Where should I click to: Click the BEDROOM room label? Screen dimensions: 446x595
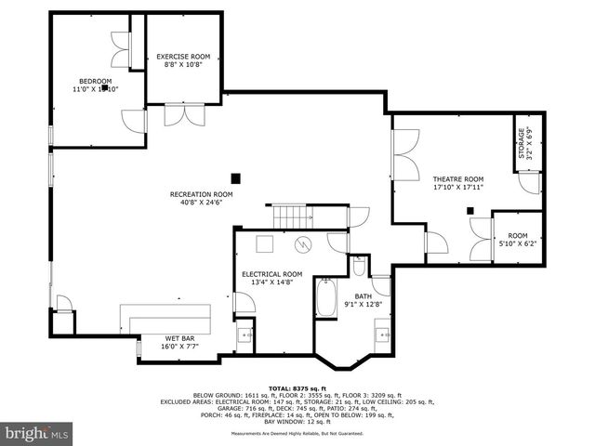click(95, 81)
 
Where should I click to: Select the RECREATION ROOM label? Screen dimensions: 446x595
click(201, 194)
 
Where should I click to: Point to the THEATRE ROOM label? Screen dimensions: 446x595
click(458, 178)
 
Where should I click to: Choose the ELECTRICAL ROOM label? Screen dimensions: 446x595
click(272, 274)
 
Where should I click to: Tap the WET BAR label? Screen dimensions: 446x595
click(179, 337)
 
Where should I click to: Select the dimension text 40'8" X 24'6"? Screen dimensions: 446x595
click(201, 204)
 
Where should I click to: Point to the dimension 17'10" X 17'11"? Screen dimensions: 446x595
click(458, 188)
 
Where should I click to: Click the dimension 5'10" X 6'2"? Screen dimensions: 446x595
click(518, 243)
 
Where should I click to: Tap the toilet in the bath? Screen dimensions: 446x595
click(359, 267)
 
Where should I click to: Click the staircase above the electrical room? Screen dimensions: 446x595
click(296, 216)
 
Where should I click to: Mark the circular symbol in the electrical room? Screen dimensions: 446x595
click(303, 245)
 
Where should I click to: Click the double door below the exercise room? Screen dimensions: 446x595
click(178, 114)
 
